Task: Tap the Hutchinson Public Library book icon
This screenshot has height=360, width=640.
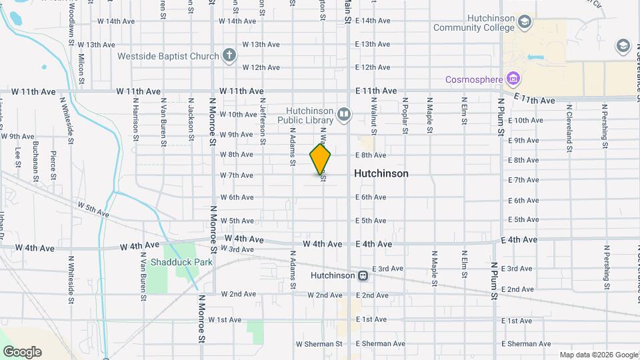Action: click(x=344, y=115)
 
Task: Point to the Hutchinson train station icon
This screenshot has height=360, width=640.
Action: click(x=363, y=275)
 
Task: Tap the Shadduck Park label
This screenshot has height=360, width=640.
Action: click(x=181, y=262)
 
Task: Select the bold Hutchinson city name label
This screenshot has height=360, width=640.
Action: click(x=381, y=173)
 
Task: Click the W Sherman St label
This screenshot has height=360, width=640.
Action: click(x=319, y=344)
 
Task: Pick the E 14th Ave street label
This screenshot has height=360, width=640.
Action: click(x=373, y=21)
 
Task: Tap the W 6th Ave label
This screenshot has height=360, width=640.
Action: click(x=237, y=197)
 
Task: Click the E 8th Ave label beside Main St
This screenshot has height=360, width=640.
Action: click(x=371, y=155)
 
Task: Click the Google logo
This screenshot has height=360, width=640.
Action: click(x=22, y=352)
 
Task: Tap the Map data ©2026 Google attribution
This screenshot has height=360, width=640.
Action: click(x=598, y=355)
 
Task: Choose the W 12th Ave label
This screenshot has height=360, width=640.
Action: click(x=261, y=67)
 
